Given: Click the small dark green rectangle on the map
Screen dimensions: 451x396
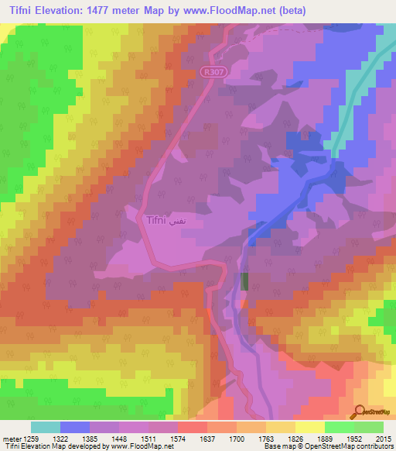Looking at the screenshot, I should [245, 281].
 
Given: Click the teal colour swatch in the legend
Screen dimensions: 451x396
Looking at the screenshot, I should [45, 427].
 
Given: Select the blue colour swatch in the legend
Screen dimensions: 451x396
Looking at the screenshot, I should [74, 427].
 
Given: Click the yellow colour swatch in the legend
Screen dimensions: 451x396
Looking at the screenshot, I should [310, 427].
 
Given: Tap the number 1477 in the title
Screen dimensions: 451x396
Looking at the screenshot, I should [114, 11].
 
